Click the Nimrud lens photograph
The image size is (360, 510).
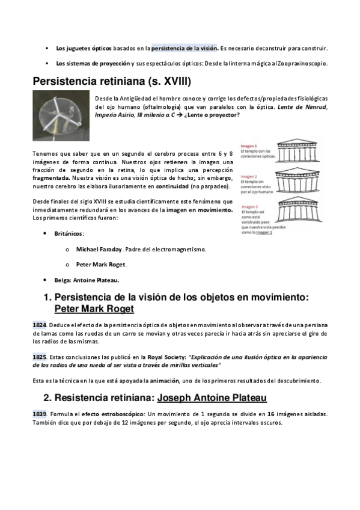coord(61,115)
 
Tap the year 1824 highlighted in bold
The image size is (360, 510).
coord(39,325)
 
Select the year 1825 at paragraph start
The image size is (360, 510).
coord(39,357)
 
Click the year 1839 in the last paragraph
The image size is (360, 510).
coord(39,414)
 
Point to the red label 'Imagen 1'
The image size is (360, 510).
coord(249,146)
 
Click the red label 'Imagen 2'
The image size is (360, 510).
coord(249,177)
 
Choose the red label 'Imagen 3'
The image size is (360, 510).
coord(249,207)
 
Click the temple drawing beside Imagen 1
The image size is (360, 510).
coord(297,150)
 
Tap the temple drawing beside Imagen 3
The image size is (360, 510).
coord(300,210)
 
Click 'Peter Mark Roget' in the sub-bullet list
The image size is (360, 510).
coord(101,265)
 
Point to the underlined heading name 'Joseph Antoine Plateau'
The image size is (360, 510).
coord(212,398)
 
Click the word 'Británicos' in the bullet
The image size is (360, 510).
coord(69,234)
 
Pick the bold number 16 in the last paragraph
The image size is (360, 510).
coord(271,414)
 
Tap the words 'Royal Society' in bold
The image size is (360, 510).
coord(166,357)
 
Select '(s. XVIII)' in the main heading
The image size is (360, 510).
coord(169,81)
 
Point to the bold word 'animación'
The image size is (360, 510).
coord(164,381)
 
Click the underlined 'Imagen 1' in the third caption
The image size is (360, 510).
coord(264,233)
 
